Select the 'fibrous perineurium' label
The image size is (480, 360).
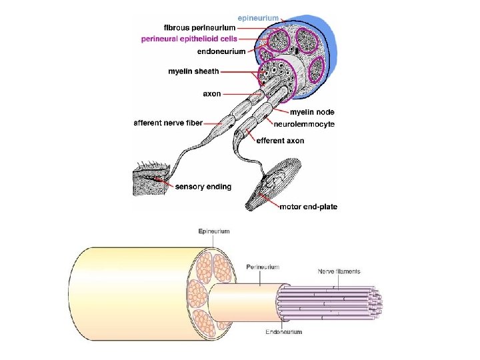(199, 28)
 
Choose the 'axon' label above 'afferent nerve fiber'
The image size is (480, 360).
(212, 94)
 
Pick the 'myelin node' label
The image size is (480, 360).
(312, 112)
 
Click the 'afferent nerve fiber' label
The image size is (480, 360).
(168, 123)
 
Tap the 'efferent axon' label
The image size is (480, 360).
(281, 141)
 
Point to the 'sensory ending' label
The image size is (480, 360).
(203, 187)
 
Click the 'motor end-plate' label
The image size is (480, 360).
(309, 207)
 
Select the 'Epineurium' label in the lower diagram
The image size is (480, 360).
(213, 231)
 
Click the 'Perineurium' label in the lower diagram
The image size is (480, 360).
(263, 267)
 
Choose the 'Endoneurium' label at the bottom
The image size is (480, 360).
(283, 331)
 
